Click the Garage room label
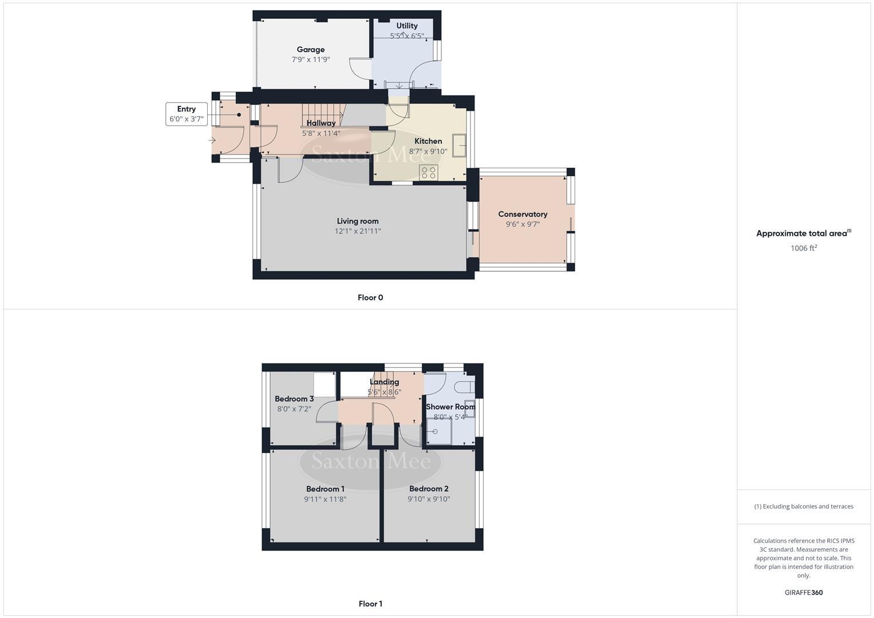310,50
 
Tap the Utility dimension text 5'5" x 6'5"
407,36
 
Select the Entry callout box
186,114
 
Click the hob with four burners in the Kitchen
429,172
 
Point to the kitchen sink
458,145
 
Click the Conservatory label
523,214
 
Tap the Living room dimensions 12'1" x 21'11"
358,231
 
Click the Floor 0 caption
370,298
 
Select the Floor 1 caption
370,604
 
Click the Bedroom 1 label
325,489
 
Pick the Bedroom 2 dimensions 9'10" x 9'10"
429,499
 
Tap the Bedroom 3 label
294,399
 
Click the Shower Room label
450,407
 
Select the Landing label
384,382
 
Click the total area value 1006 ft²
804,248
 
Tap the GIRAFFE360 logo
804,592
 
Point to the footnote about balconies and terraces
804,506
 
